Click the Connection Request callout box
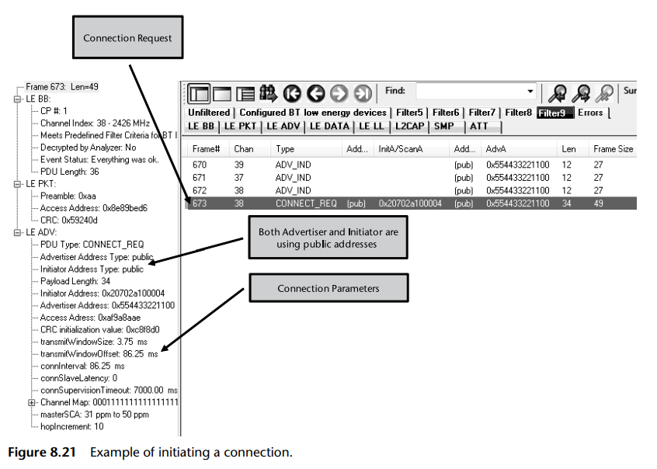coord(127,38)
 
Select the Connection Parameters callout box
coord(328,289)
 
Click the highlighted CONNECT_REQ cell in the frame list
coord(306,203)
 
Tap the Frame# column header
coord(206,148)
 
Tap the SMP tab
coord(445,126)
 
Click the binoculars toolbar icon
coord(269,93)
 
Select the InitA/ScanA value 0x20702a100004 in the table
coord(409,203)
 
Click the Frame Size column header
coord(613,148)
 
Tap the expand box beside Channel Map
coord(31,402)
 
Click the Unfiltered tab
coord(209,113)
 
